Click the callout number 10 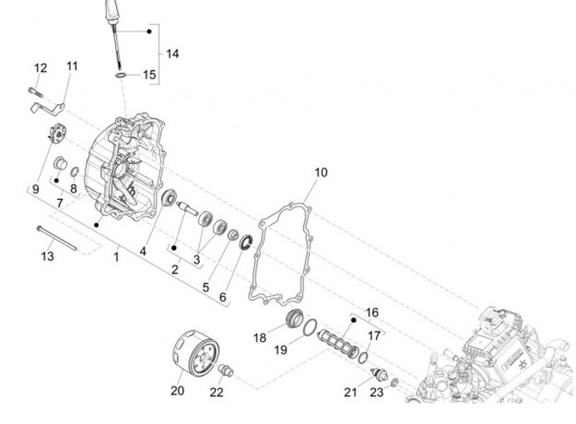tap(321, 172)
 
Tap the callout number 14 tap(172, 54)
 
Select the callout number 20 tap(177, 390)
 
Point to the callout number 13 tap(48, 256)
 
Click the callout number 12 tap(40, 67)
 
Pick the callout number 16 tap(373, 312)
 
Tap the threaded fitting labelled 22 tap(225, 370)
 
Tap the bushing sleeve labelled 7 tap(59, 165)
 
